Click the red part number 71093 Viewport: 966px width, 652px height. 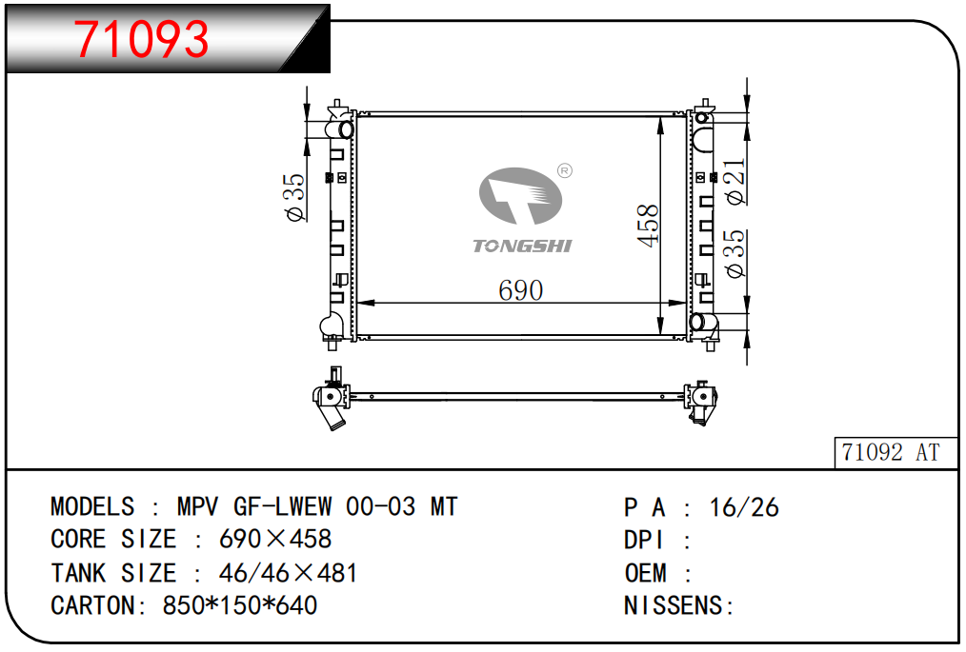click(x=142, y=39)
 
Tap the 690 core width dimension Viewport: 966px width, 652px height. click(x=520, y=290)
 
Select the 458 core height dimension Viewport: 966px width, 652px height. click(x=648, y=226)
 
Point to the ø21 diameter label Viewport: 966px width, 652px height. click(x=735, y=181)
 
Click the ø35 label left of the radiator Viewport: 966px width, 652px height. click(x=294, y=197)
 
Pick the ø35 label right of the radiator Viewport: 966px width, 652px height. click(x=735, y=253)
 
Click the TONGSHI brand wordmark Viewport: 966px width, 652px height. click(x=522, y=247)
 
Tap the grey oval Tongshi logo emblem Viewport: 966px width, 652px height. click(x=520, y=196)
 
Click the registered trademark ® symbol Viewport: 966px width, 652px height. click(x=564, y=170)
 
